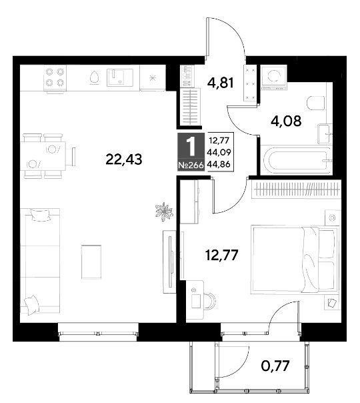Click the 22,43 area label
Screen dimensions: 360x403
[124, 159]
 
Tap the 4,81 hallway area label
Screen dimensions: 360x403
[221, 83]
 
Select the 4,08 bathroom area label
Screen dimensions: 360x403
[286, 121]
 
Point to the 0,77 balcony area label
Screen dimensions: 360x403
[275, 366]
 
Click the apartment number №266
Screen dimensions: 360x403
[191, 165]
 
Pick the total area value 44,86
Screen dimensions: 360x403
[219, 164]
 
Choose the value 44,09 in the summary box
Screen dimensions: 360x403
[219, 152]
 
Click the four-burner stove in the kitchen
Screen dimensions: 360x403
[55, 77]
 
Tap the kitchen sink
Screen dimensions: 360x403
[120, 77]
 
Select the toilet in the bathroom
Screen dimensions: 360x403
[315, 103]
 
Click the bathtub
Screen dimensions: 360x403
[297, 159]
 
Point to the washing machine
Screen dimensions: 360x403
[273, 77]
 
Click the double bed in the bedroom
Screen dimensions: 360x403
[294, 259]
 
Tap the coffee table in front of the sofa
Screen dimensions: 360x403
[91, 262]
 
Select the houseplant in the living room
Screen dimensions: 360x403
[163, 212]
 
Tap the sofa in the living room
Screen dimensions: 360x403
[40, 261]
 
